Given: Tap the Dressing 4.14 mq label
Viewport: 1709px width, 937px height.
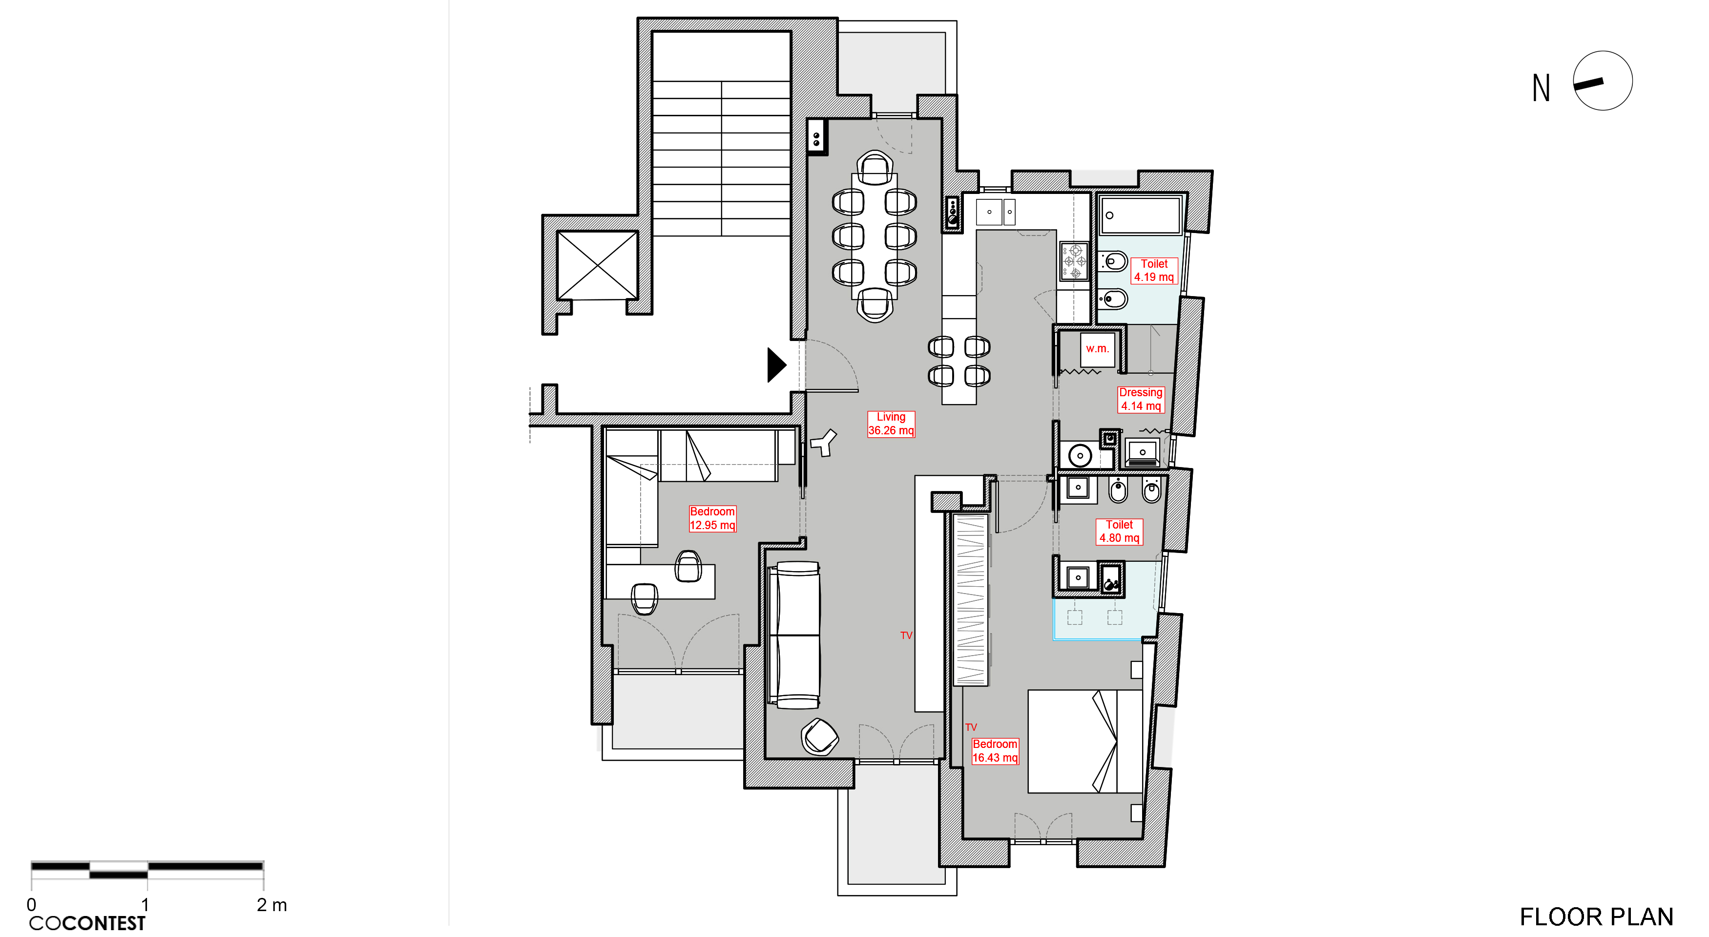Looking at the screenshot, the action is pos(1141,399).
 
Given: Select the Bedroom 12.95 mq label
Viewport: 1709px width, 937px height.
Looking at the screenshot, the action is pos(712,518).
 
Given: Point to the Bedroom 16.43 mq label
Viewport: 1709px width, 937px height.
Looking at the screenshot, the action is pos(995,750).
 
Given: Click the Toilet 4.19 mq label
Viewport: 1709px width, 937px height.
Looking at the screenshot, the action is pos(1154,270).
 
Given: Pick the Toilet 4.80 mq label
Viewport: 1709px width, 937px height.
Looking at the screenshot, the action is pos(1119,531).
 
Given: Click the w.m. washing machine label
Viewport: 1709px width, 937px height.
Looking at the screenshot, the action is pos(1097,348).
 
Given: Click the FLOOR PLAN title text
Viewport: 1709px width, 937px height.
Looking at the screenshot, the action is pos(1596,916).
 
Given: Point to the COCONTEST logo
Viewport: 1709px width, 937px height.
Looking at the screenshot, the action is pos(87,923).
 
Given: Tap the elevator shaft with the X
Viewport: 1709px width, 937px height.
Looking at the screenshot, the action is pos(597,265).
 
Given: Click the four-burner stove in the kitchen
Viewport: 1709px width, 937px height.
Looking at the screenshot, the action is pos(1073,261).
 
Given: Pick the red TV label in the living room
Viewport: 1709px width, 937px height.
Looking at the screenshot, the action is pos(906,635).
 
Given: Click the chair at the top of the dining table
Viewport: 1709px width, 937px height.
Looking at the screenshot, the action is pos(875,168).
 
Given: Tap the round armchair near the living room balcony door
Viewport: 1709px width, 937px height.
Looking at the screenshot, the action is pos(819,737).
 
